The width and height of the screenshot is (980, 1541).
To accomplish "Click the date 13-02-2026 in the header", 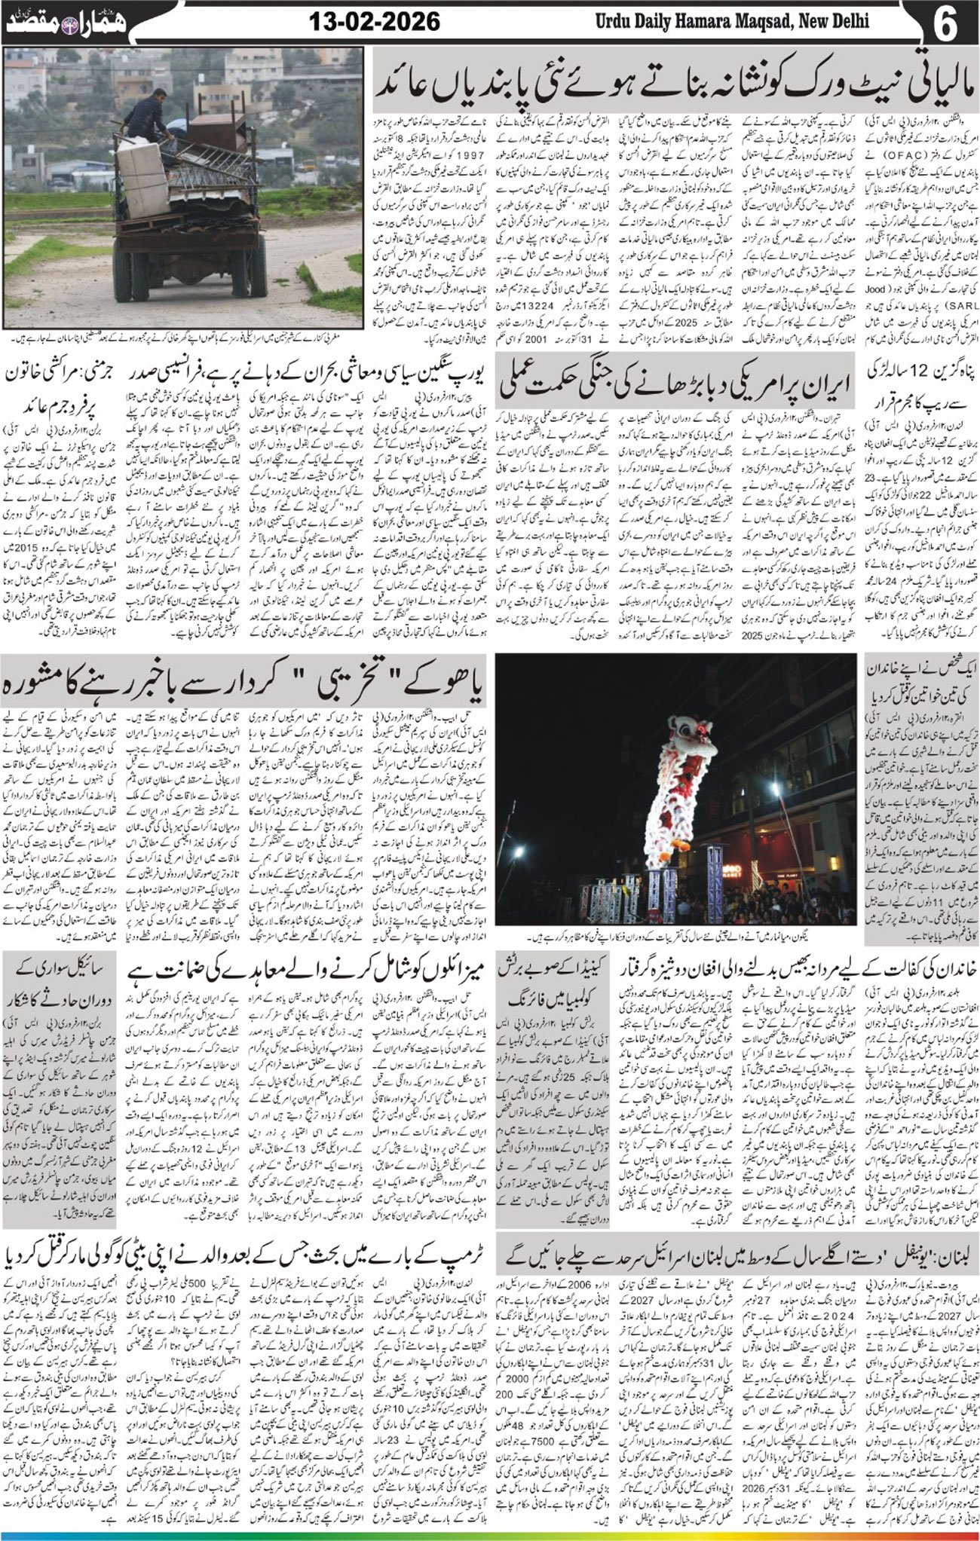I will pos(374,22).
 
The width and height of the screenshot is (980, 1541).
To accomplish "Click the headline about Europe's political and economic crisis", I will pos(307,375).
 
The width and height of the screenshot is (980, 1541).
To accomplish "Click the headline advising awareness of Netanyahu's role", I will pos(245,686).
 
